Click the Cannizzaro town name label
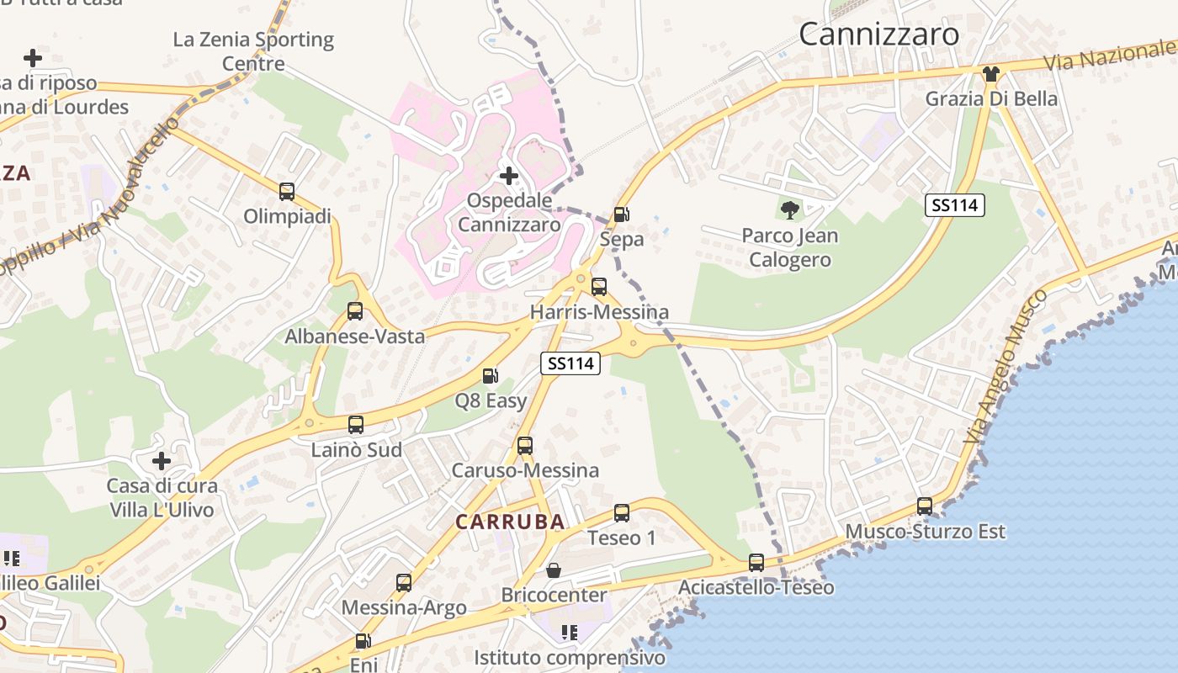point(878,34)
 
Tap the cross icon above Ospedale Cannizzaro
point(508,176)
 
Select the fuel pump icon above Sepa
point(621,215)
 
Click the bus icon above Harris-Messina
point(599,287)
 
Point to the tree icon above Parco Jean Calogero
point(789,209)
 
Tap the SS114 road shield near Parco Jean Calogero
point(955,204)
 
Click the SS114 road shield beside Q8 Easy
point(570,363)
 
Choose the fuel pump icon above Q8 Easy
point(491,376)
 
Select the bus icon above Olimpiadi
point(287,191)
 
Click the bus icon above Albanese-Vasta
point(355,311)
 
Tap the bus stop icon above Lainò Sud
point(356,425)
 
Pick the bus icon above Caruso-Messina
point(525,445)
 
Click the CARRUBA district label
point(510,522)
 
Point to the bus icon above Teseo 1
point(622,512)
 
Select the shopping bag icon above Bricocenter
point(554,570)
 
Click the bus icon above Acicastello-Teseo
point(756,562)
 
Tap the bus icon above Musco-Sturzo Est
point(925,506)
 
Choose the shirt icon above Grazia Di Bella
point(991,74)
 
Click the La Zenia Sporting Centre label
point(253,50)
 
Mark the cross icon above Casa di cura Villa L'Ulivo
point(161,461)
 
